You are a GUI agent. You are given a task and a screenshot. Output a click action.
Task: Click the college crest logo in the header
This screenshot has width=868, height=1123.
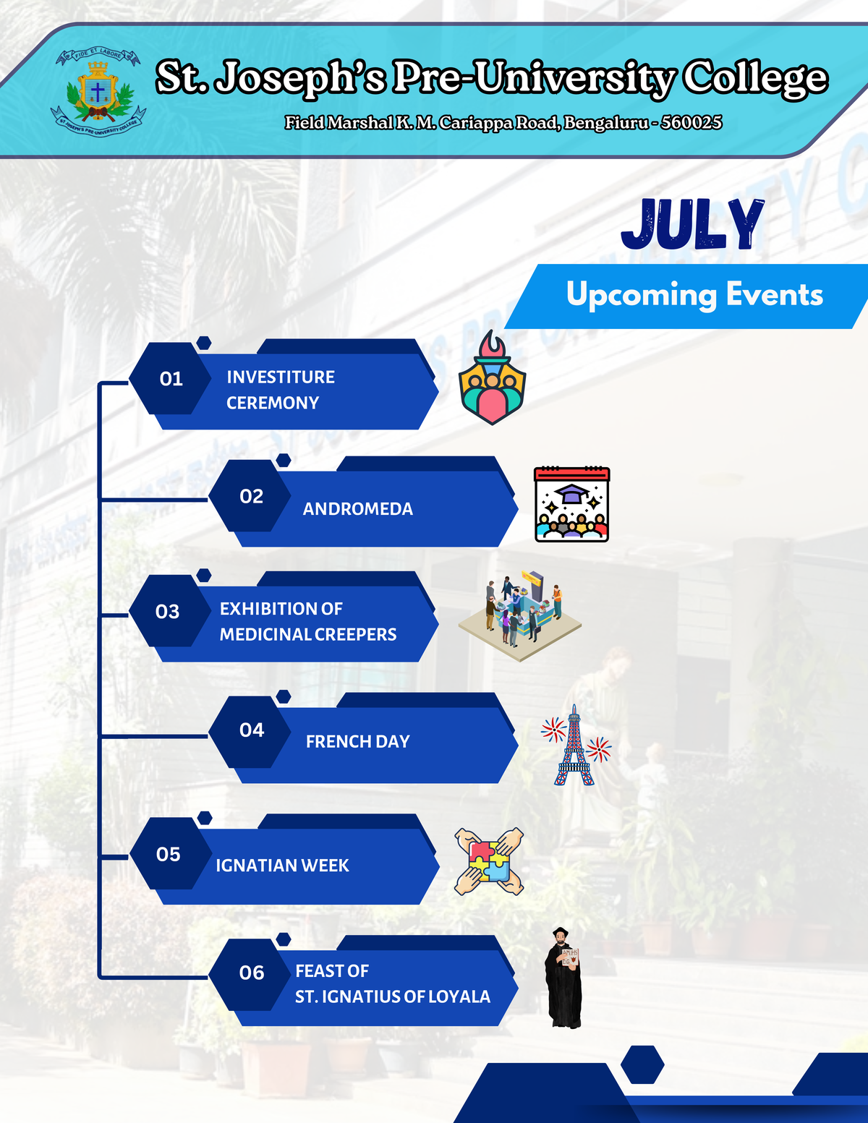point(98,93)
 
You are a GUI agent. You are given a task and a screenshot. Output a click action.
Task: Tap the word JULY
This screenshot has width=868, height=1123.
point(692,225)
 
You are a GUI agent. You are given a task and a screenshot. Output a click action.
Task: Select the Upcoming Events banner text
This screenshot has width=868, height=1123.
point(694,294)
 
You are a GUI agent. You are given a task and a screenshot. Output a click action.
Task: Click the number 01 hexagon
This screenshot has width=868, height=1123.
point(170,378)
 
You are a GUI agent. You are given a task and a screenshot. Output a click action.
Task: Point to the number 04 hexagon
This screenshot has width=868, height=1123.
point(250,730)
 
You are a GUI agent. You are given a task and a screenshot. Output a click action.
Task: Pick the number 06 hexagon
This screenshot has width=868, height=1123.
point(250,973)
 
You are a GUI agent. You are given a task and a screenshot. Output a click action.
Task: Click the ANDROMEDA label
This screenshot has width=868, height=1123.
point(358,509)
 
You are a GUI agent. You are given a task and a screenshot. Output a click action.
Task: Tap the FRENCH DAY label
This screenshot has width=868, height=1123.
point(358,742)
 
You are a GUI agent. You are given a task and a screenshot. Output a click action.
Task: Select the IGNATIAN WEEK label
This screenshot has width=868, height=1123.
point(282,866)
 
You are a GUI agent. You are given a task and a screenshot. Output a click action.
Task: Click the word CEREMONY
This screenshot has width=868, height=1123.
point(273,403)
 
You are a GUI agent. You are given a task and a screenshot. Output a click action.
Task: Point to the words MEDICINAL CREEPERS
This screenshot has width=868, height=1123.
point(308,635)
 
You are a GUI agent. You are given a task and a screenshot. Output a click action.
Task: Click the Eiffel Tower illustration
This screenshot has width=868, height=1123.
point(575,746)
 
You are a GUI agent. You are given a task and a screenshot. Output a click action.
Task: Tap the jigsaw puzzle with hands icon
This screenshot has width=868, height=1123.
point(489,861)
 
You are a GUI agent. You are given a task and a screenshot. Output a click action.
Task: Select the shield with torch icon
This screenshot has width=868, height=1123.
point(492,378)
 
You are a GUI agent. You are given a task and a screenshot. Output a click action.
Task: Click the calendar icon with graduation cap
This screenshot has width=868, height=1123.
point(571,505)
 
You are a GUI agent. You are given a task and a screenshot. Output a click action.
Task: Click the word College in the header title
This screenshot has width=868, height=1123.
point(756,77)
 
